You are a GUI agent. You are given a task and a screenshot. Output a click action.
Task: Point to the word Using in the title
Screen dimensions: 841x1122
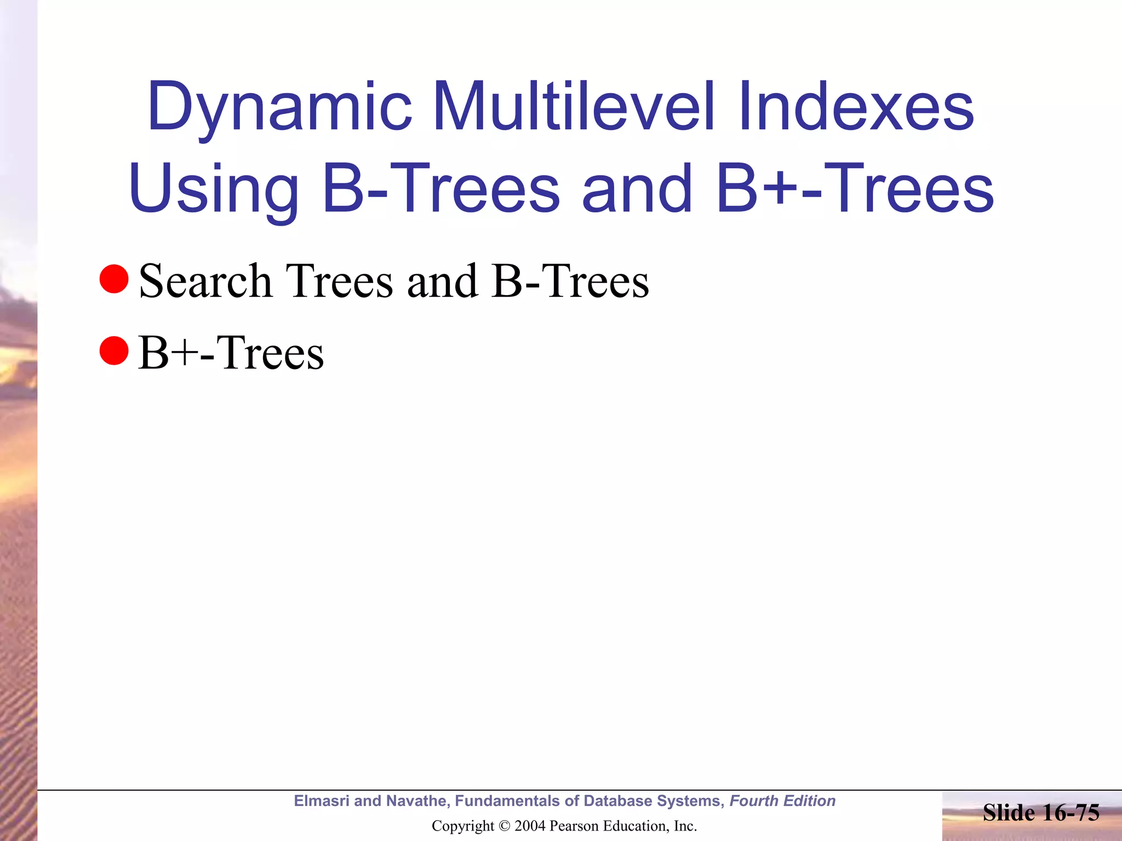coord(214,189)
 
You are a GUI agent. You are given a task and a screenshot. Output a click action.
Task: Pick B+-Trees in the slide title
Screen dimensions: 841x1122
coord(855,188)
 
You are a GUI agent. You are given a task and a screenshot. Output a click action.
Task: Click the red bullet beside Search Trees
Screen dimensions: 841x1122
coord(114,279)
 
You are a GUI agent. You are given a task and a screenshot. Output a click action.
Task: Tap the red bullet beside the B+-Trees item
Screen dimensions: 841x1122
coord(114,350)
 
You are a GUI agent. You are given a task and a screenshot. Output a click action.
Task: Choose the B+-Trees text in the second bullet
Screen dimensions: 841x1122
coord(231,353)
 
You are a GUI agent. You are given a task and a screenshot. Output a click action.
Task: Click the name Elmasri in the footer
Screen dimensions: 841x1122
coord(322,801)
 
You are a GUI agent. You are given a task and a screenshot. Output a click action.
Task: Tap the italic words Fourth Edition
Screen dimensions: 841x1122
coord(782,801)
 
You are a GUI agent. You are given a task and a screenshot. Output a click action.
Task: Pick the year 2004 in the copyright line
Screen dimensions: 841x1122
coord(530,826)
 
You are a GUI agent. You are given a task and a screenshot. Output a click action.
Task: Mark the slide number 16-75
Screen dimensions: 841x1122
coord(1071,813)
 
